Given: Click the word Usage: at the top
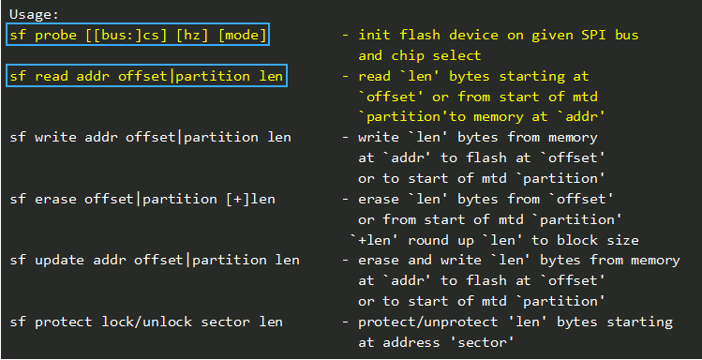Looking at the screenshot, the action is coord(33,14).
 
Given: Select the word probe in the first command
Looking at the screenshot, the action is coord(55,35).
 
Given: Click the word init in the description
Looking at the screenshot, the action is coord(373,35).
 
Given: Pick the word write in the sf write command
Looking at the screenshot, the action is coord(55,137).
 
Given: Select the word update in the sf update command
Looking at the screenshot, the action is coord(59,260).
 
